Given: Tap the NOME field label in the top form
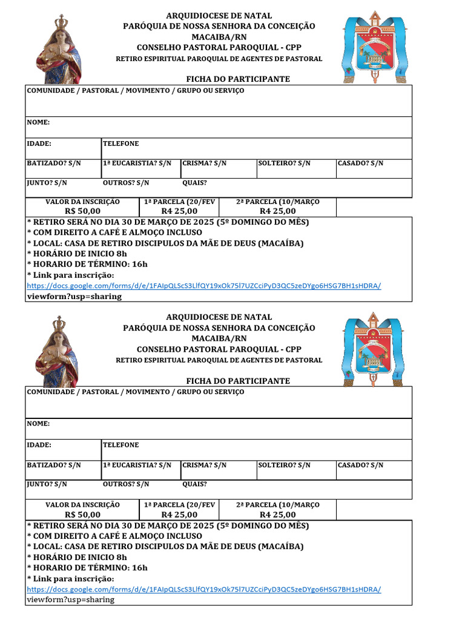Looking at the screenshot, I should (38, 122).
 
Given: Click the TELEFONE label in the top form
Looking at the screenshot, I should (120, 143).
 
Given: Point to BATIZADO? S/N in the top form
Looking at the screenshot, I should (53, 163).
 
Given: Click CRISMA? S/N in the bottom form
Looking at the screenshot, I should (205, 465).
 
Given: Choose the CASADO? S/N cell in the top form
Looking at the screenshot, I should (360, 163).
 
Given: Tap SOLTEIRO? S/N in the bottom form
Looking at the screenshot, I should (284, 465).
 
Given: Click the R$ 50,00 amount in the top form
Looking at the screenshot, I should (83, 211).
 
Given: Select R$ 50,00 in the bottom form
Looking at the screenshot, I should (83, 515).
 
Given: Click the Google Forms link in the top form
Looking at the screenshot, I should (204, 286).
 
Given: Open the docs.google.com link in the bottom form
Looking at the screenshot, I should (204, 589).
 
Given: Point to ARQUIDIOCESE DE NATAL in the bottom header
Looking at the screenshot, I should (219, 317).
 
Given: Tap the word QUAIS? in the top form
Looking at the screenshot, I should (194, 182).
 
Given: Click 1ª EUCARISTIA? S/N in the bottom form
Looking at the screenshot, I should (137, 465).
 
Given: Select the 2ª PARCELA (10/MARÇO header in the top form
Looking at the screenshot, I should (277, 202).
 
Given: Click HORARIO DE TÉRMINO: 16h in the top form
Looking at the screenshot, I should (88, 264).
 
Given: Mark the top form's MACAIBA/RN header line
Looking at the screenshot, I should (219, 36).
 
